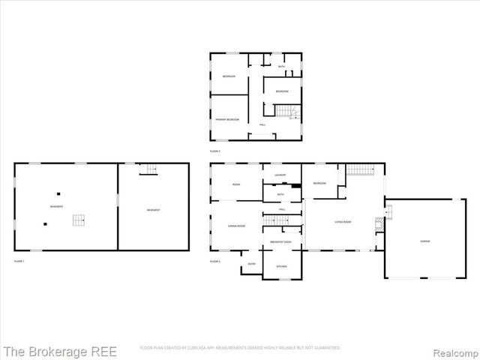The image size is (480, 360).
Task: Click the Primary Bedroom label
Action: click(227, 119)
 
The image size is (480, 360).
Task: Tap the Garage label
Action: click(424, 240)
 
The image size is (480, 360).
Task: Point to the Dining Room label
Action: click(237, 225)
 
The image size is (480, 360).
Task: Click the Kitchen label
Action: click(282, 266)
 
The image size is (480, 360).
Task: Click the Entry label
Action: click(251, 263)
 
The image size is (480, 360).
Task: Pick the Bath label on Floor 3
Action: click(281, 67)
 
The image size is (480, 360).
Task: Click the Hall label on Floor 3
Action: click(262, 124)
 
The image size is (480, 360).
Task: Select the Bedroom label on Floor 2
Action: click(319, 183)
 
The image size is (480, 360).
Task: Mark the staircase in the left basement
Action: click(79, 220)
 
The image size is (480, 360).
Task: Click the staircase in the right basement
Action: click(150, 169)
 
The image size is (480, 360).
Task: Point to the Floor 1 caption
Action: click(19, 260)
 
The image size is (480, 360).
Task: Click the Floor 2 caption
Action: click(215, 261)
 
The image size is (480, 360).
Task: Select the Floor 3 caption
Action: click(215, 151)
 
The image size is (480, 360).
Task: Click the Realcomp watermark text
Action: click(451, 350)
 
